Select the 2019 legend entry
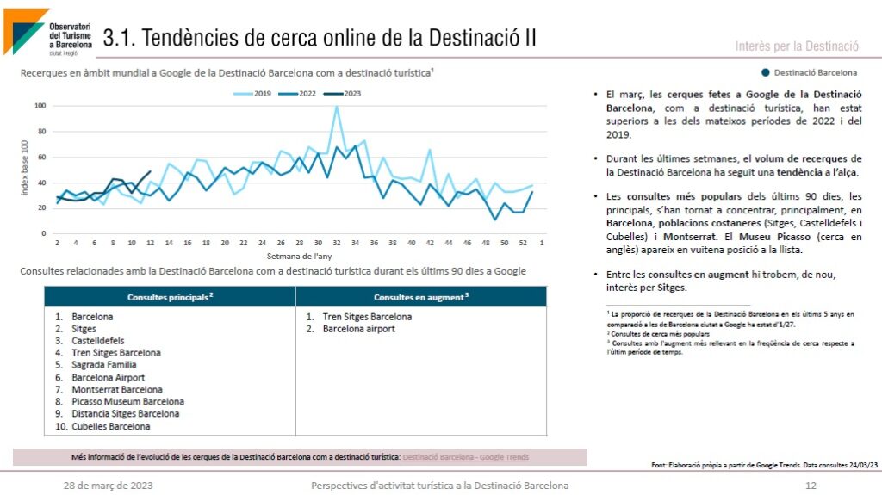coord(258,93)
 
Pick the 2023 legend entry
coord(346,93)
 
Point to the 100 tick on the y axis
coord(40,106)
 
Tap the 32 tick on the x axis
coord(336,244)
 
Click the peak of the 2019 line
coord(336,107)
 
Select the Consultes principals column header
coord(170,297)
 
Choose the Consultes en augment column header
coord(420,297)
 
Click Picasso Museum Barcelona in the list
coord(127,401)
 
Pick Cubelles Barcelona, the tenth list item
coord(110,426)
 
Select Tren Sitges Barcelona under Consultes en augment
coord(367,317)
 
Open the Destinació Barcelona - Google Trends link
coord(465,457)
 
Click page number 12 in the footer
coord(810,486)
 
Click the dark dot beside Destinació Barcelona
coord(765,73)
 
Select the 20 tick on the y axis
coord(40,208)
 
